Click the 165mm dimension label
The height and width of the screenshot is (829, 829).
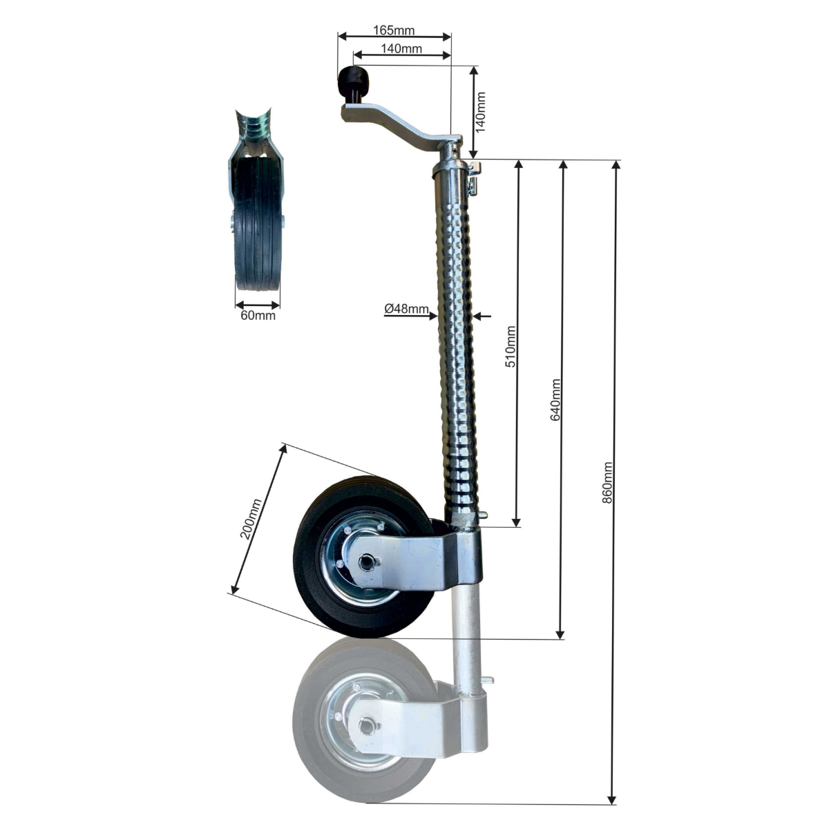click(394, 30)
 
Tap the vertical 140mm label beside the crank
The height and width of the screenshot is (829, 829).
click(481, 112)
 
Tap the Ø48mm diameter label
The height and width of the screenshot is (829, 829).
click(406, 309)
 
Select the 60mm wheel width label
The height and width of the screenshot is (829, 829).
click(258, 316)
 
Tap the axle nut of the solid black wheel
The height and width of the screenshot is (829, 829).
click(366, 561)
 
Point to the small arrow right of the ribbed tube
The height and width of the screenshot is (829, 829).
click(482, 316)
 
